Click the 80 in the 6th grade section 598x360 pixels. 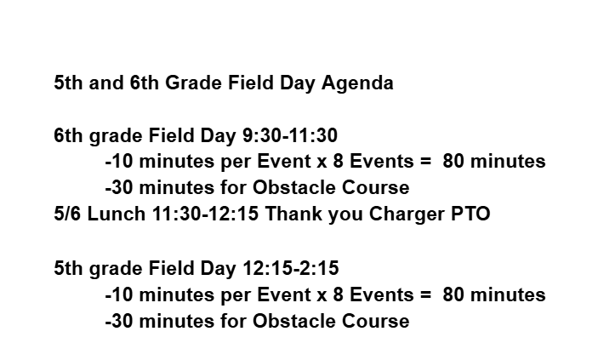coord(453,161)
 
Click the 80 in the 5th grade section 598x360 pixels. coord(453,295)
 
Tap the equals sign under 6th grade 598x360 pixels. coord(427,162)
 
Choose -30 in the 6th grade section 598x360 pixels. coord(119,187)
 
